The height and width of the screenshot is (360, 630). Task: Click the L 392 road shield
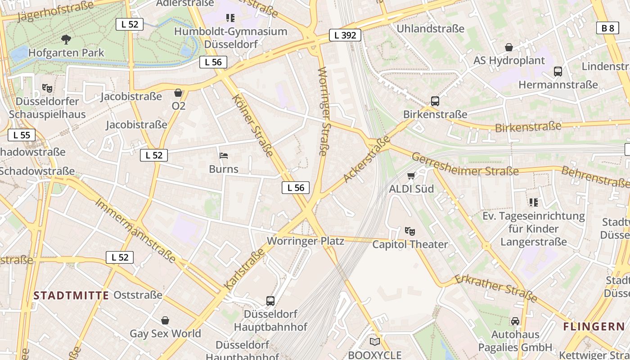click(345, 35)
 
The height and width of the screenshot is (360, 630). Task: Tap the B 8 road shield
click(607, 28)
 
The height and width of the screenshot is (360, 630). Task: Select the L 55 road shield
click(22, 135)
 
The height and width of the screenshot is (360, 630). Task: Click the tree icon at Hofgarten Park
click(66, 40)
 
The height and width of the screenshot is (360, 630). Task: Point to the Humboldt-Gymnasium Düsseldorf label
click(230, 38)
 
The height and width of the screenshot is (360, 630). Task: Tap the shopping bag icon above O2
click(179, 93)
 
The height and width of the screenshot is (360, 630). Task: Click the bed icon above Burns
click(224, 156)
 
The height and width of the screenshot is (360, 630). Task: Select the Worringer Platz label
click(306, 241)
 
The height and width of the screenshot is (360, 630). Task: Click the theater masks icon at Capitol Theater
click(409, 232)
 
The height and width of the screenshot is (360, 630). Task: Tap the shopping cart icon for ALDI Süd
click(411, 176)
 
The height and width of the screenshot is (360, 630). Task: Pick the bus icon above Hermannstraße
click(558, 72)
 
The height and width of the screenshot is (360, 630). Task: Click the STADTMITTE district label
click(71, 296)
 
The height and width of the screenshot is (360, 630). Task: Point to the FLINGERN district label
click(594, 327)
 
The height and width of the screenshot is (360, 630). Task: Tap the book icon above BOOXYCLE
click(375, 342)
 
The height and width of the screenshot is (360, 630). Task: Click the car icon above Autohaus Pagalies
click(515, 321)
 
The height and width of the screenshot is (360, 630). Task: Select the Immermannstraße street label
click(135, 230)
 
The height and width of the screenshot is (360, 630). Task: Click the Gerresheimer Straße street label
click(465, 165)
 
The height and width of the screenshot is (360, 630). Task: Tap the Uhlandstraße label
click(430, 29)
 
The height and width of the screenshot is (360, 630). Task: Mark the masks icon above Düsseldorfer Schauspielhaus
click(47, 88)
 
